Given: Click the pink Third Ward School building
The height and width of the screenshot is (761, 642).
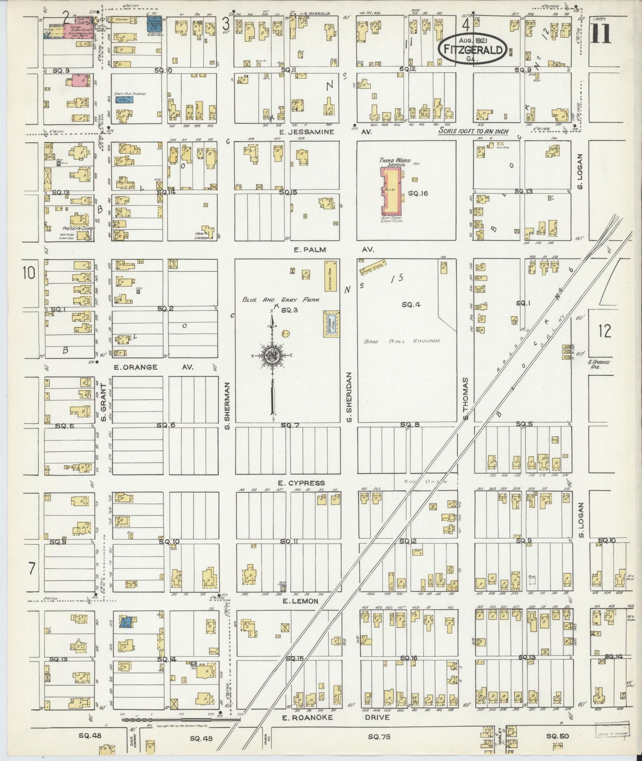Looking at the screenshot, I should point(391,190).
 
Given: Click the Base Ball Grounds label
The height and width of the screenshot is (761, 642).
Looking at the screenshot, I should point(402,341).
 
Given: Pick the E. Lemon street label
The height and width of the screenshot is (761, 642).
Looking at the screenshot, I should point(300,601).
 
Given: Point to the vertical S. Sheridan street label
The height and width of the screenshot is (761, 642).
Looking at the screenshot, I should point(349,397).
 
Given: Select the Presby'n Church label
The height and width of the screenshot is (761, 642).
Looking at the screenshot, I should point(70,228).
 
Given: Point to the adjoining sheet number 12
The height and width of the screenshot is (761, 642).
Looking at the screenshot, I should point(604,331).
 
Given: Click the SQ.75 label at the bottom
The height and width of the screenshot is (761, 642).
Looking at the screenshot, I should point(379,737).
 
